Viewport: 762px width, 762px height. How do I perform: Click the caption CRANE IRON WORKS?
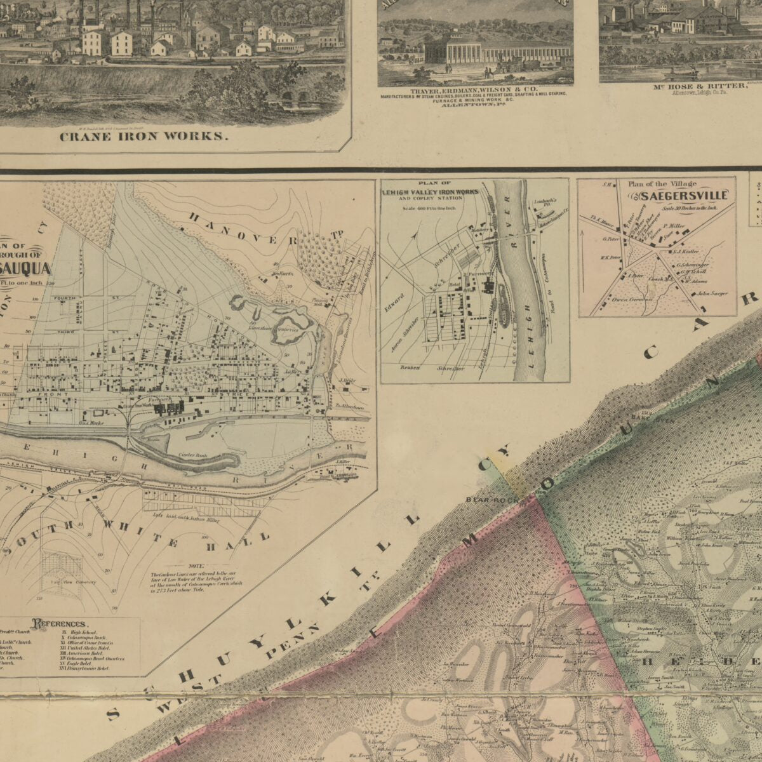click(x=143, y=136)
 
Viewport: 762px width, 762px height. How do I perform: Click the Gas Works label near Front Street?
click(x=90, y=421)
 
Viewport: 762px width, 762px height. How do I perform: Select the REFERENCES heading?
click(x=60, y=624)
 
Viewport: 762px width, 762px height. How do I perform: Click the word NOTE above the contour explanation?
click(x=197, y=566)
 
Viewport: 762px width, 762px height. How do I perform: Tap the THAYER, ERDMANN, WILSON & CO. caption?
click(x=474, y=91)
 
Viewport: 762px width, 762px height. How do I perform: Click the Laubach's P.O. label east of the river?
click(x=545, y=202)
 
